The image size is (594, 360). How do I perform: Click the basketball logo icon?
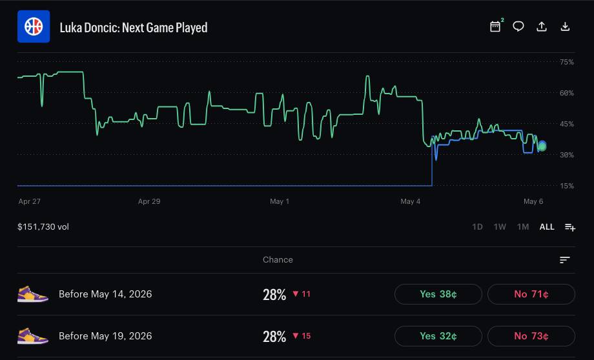[34, 26]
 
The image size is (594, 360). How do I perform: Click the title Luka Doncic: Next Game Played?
[134, 28]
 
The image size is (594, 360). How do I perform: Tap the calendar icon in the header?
[495, 26]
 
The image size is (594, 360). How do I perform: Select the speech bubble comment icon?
[518, 26]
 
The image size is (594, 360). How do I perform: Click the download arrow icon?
[565, 26]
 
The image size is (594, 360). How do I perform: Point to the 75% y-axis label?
[566, 62]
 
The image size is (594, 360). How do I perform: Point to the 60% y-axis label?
[566, 93]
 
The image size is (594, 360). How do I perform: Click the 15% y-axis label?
[566, 186]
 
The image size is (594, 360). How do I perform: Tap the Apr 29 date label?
[149, 201]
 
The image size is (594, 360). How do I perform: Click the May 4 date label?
[410, 201]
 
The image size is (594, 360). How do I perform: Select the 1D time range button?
[477, 226]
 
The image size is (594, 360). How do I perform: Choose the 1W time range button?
[500, 226]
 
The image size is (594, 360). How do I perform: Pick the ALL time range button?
[547, 226]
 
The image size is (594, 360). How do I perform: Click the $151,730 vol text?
[43, 226]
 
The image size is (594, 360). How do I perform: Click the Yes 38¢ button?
[438, 294]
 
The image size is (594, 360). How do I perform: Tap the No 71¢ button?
[531, 294]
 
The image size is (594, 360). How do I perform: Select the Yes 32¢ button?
[438, 336]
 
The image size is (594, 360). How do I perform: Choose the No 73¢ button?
[531, 336]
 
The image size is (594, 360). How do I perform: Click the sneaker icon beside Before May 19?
[32, 336]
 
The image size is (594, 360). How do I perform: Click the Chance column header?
[278, 260]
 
